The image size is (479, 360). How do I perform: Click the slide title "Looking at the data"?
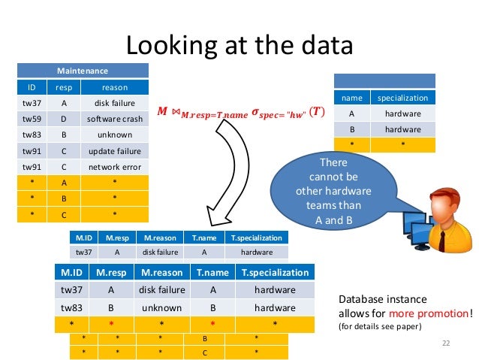coord(239,45)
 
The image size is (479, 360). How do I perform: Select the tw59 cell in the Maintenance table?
coord(32,119)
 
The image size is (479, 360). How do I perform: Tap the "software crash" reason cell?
coord(115,119)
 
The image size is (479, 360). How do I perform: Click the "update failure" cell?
coord(115,150)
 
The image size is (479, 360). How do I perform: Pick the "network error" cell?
coord(115,167)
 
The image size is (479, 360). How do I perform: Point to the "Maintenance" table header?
coord(83,71)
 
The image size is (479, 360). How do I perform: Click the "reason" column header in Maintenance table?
coord(115,87)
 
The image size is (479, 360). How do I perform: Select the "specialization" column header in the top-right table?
coord(402,98)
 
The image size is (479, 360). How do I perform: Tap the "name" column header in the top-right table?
coord(351,98)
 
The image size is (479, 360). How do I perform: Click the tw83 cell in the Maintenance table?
coord(32,135)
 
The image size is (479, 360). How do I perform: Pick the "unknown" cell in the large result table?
coord(161,307)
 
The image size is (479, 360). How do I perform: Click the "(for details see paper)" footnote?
coord(379,327)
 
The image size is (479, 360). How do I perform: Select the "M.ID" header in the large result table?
coord(71,272)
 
